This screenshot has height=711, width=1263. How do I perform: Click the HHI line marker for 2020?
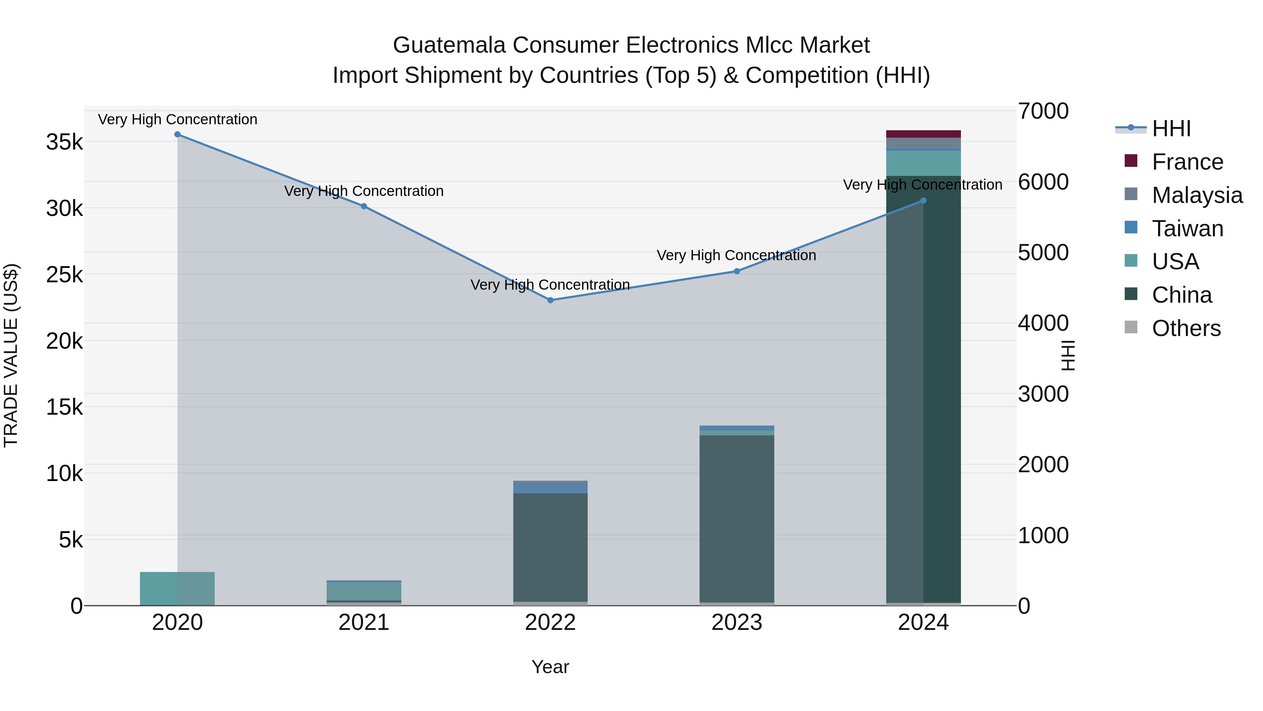[178, 134]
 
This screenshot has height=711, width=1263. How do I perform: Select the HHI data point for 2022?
[550, 300]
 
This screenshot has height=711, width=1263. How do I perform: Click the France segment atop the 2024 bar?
[923, 134]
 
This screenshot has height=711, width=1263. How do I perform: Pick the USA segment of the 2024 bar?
[923, 163]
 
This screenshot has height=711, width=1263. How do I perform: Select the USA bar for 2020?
[178, 588]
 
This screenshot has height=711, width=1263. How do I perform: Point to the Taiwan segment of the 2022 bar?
[550, 488]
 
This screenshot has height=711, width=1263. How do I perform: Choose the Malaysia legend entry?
[1197, 195]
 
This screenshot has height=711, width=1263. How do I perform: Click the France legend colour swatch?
[1131, 161]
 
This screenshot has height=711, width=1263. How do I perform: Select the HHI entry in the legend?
[1171, 129]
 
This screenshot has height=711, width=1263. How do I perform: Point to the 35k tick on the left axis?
[64, 142]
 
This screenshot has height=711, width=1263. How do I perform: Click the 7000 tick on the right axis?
[1043, 111]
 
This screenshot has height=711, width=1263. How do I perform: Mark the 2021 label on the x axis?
[364, 623]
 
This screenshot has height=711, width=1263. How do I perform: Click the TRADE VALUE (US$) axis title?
[11, 355]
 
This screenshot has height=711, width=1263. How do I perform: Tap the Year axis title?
[550, 667]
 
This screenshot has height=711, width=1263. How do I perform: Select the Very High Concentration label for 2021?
[364, 191]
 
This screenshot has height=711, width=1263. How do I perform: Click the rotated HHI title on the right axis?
[1067, 355]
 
